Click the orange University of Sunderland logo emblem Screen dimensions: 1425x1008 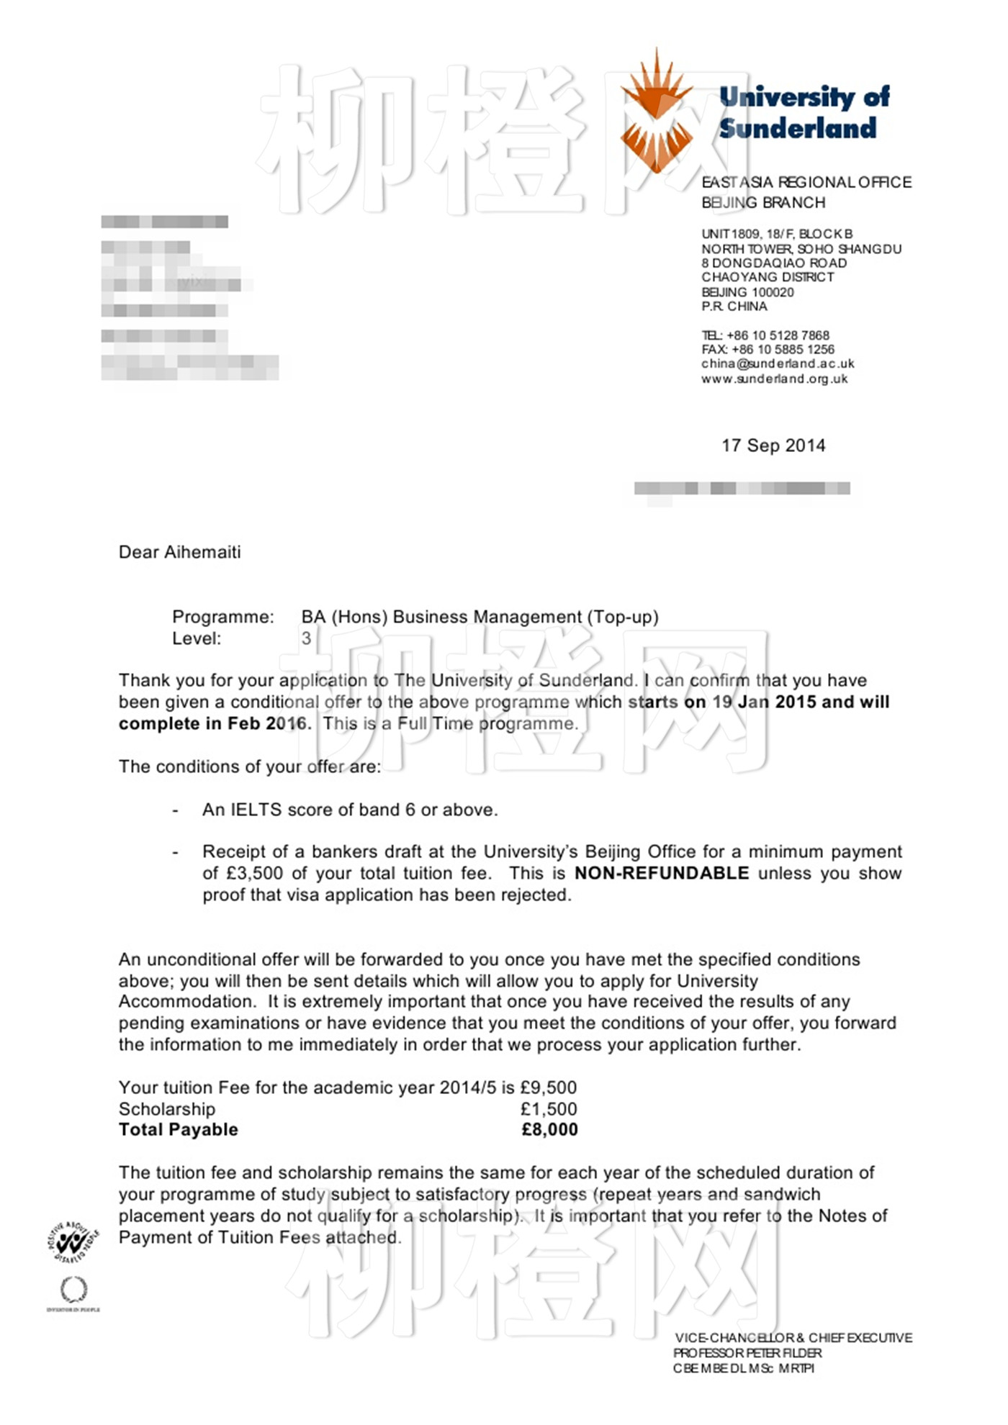(656, 114)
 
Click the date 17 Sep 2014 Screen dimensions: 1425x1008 (773, 445)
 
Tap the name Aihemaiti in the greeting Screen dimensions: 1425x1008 (202, 552)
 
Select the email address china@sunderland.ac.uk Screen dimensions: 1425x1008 (778, 364)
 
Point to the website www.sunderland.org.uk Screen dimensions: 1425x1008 (775, 379)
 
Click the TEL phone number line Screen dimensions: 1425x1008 (765, 335)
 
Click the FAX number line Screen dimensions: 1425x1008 (768, 350)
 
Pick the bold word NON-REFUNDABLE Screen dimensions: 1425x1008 (662, 873)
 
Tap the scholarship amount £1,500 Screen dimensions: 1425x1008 (549, 1109)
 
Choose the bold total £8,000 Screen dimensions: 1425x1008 (549, 1130)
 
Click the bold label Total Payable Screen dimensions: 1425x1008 (178, 1130)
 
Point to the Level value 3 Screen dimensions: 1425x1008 (306, 638)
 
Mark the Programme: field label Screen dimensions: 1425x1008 (222, 617)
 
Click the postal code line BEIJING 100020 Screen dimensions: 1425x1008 (747, 292)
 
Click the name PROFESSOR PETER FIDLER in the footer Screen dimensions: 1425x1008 (747, 1353)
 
